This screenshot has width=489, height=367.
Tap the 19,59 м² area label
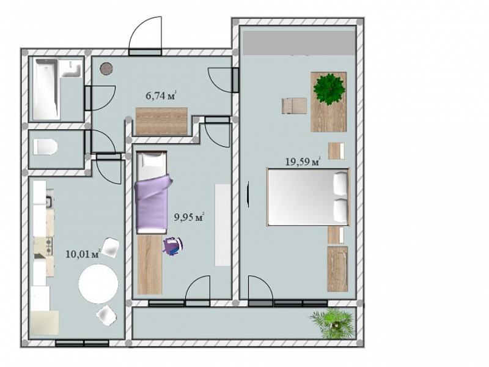303,161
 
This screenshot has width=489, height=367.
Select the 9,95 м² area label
189,217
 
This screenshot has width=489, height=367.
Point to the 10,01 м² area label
83,254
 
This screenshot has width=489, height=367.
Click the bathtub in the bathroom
46,89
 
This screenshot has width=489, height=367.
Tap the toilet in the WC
45,146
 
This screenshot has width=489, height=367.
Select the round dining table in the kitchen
98,284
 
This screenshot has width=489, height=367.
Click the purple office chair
173,246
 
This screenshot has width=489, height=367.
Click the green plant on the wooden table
329,89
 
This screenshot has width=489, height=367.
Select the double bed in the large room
309,197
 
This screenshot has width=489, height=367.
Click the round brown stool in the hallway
106,69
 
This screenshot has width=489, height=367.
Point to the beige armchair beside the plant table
294,106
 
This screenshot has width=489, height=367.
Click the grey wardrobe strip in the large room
299,43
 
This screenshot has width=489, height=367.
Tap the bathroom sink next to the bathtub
71,69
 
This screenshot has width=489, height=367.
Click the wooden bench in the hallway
161,121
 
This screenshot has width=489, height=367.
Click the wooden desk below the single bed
150,264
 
